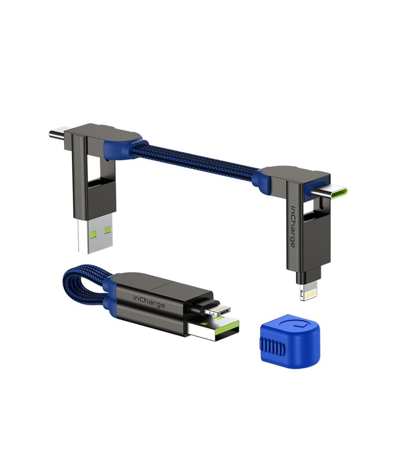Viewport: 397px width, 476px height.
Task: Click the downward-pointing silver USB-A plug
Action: point(94,236)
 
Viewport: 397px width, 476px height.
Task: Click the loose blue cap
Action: point(288,340)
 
